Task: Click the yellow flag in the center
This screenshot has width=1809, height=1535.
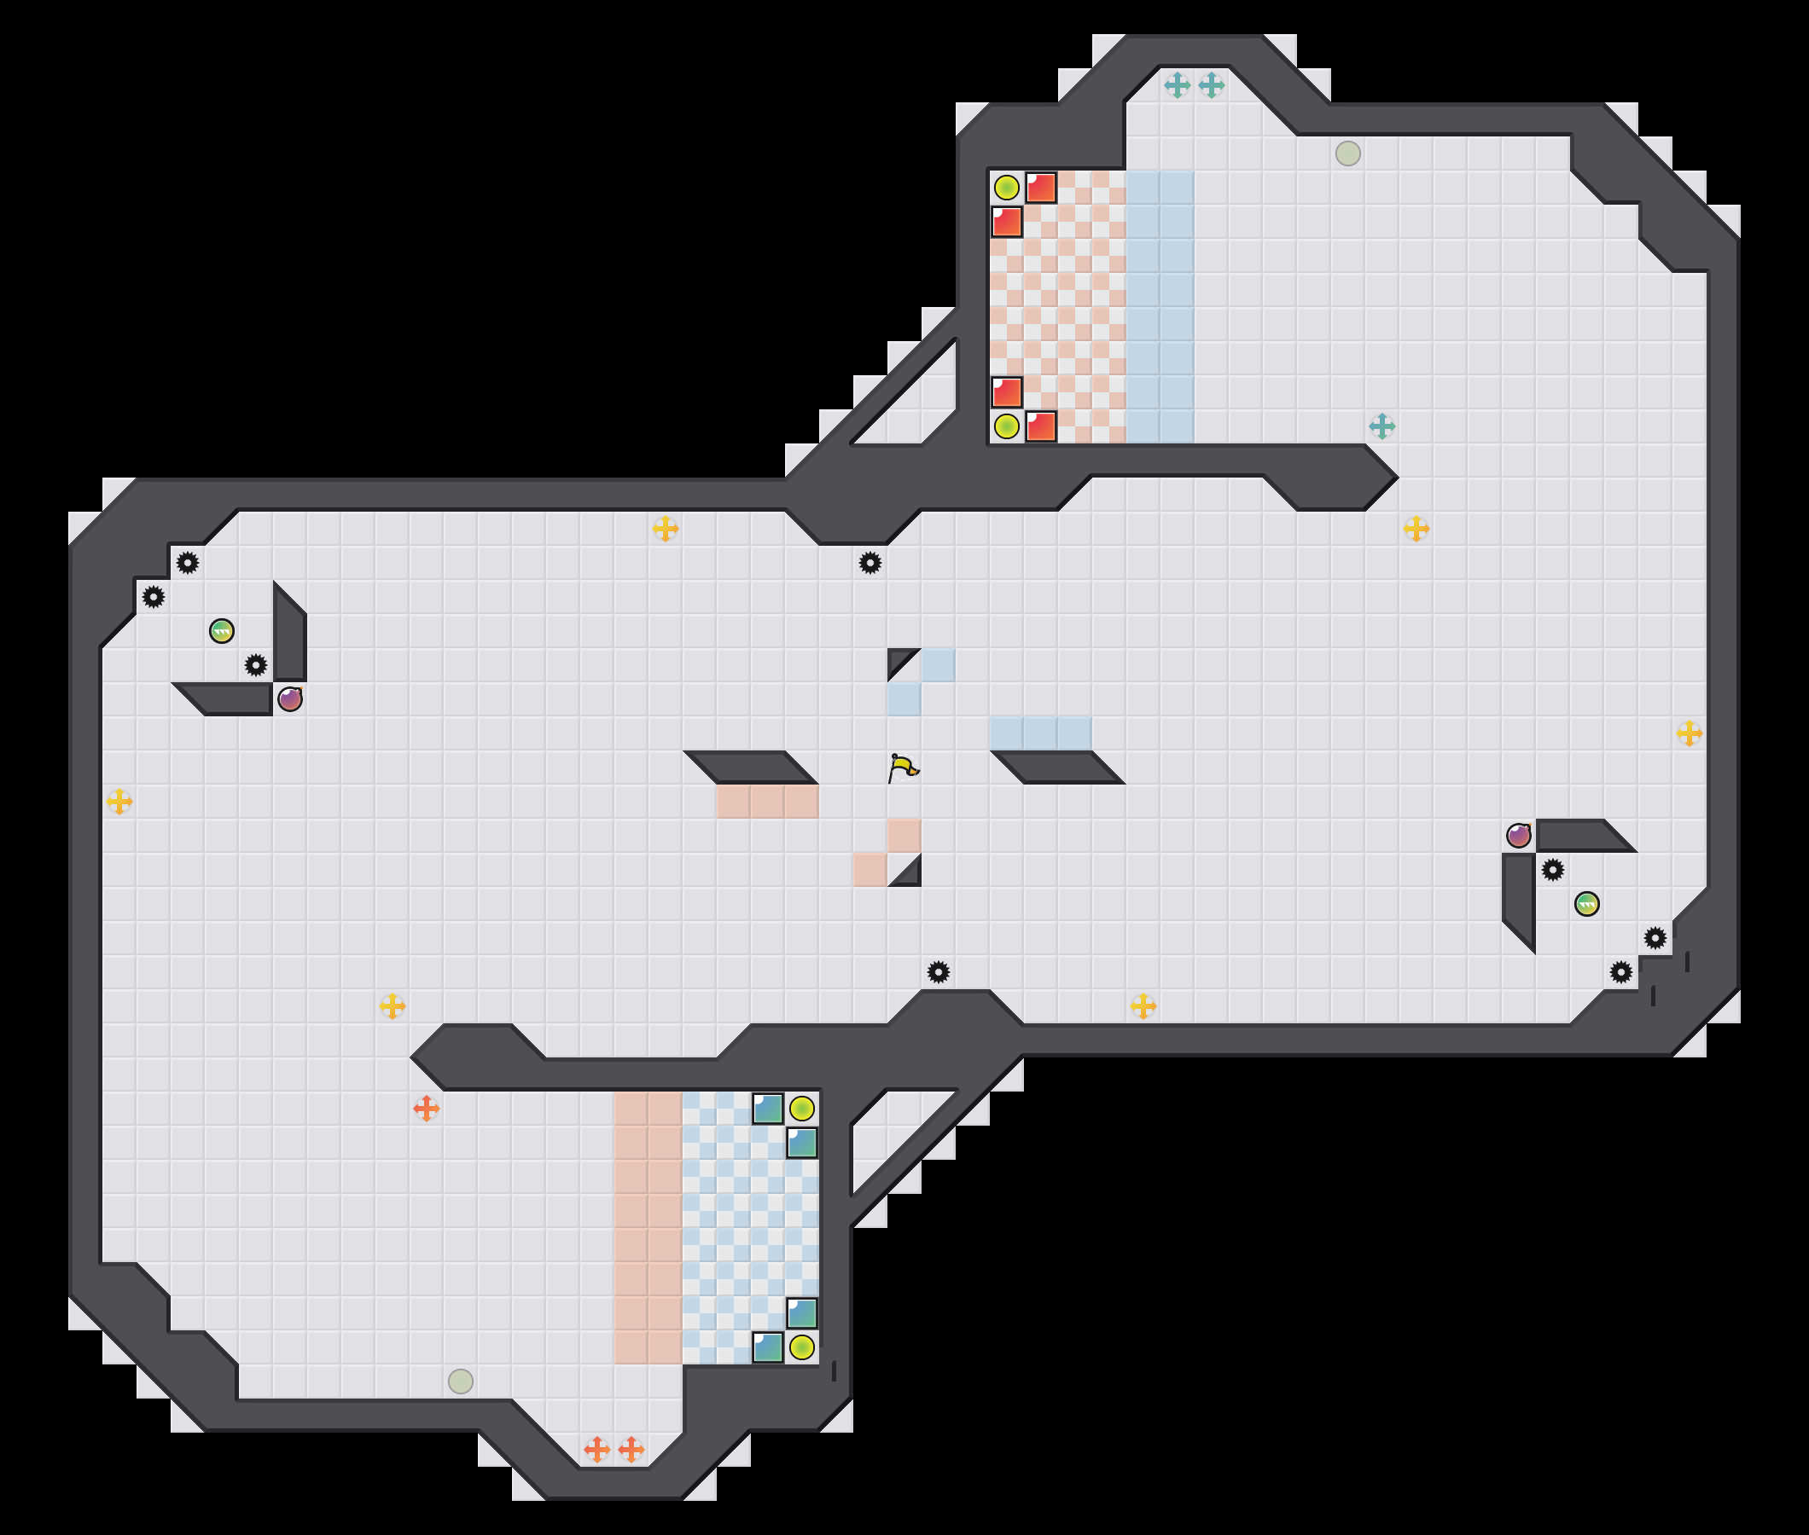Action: (904, 767)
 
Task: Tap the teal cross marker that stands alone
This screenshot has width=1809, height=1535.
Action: (1381, 426)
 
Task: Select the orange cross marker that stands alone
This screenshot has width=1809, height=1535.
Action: (426, 1109)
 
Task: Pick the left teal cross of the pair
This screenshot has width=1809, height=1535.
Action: (1177, 85)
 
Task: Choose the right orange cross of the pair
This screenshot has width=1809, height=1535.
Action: (631, 1450)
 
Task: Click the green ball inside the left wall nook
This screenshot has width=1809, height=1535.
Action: (222, 631)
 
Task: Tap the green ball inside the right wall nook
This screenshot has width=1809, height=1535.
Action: (1587, 904)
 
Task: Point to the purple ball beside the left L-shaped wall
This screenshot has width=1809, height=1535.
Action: (290, 698)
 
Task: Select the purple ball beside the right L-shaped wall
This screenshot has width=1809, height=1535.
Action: (1519, 836)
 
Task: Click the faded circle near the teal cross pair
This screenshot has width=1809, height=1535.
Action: (1347, 153)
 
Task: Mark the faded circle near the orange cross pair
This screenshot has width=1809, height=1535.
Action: (461, 1381)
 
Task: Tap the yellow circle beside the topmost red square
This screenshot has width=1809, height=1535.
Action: (1006, 187)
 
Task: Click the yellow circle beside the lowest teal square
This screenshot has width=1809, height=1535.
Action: (802, 1347)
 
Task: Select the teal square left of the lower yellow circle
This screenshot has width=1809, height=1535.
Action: (768, 1347)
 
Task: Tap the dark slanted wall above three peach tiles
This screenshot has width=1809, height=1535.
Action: (750, 767)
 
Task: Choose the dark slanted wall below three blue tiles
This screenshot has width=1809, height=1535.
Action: (1058, 767)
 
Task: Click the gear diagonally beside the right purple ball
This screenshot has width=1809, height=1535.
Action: (1553, 869)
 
